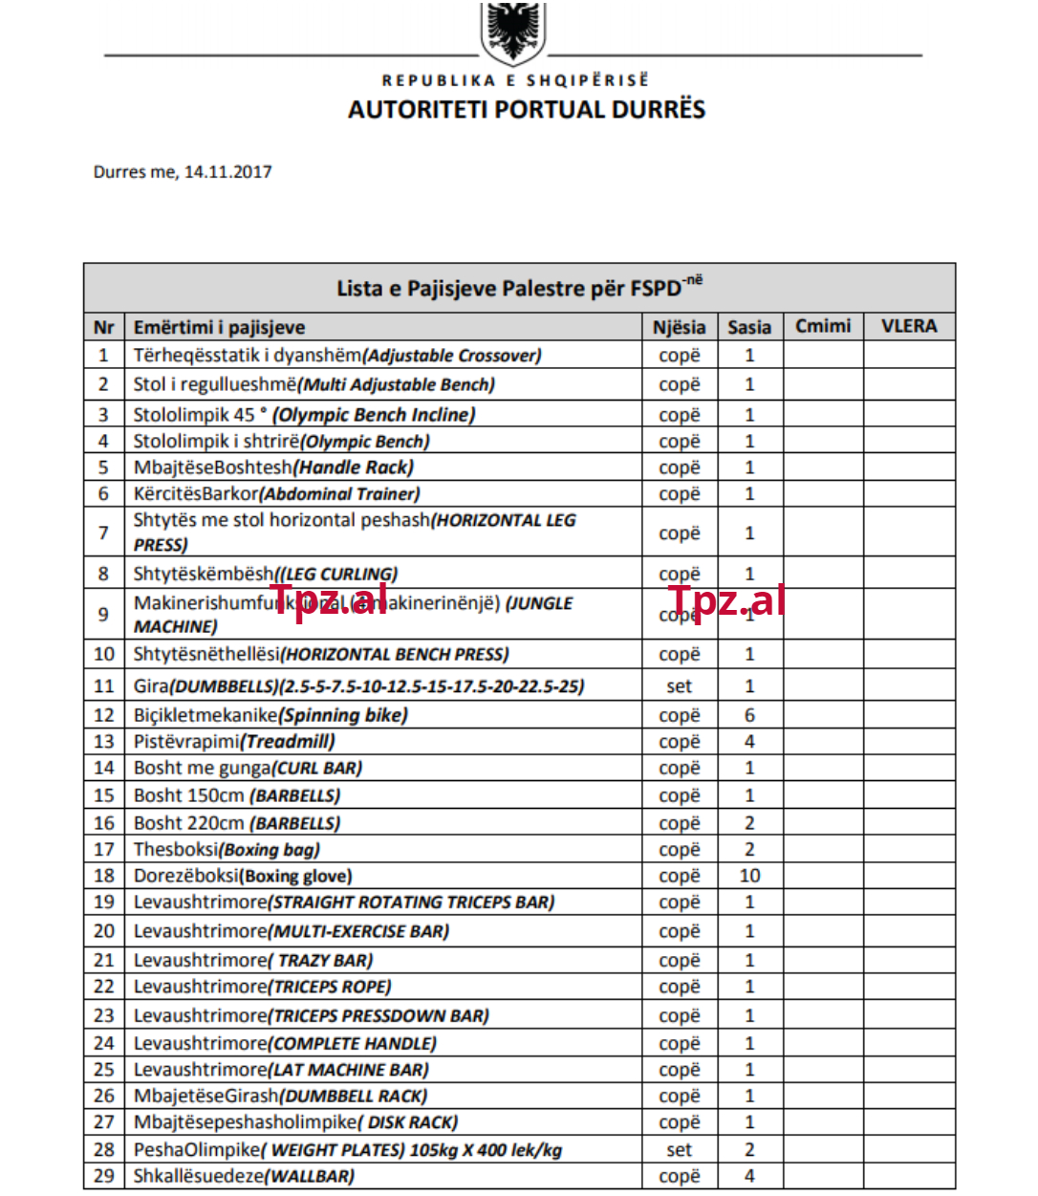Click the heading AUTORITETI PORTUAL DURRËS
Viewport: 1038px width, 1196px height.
coord(526,109)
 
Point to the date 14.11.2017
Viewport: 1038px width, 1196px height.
coord(227,172)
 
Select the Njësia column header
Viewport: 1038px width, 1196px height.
coord(679,327)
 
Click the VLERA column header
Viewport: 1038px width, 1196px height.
coord(908,326)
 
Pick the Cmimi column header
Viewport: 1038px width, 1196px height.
coord(823,326)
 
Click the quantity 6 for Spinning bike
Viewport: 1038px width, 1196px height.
coord(749,715)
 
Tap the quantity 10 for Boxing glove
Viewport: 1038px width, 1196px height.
coord(749,876)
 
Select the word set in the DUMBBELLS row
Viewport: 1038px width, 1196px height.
coord(679,686)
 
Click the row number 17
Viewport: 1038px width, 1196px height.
coord(104,849)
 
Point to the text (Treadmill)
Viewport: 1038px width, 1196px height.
coord(288,742)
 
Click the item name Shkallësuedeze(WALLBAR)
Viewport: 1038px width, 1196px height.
coord(244,1176)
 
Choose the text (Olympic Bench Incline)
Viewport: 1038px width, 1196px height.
coord(374,415)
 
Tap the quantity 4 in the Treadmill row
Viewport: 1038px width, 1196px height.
coord(749,742)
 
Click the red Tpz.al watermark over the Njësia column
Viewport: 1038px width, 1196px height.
coord(726,600)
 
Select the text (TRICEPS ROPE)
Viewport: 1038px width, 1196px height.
coord(330,987)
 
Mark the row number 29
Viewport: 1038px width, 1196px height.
coord(104,1176)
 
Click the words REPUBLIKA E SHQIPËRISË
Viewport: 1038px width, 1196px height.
coord(515,80)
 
